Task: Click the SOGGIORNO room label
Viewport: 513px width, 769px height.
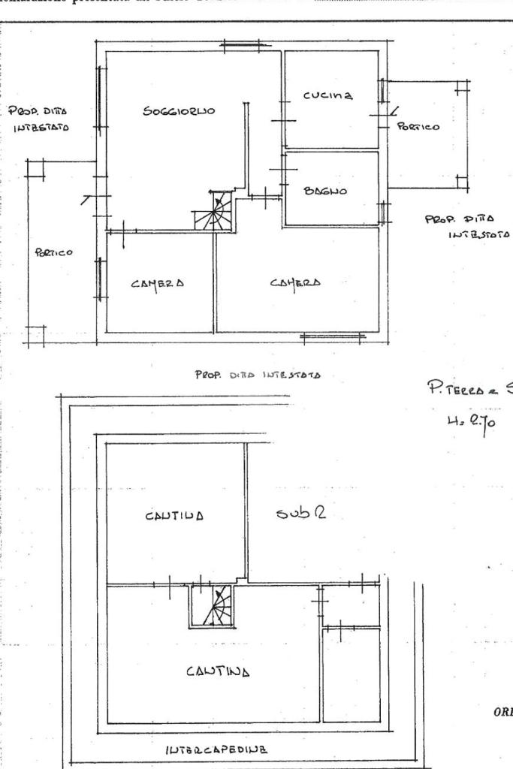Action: click(179, 112)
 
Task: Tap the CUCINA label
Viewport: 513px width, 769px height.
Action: click(327, 95)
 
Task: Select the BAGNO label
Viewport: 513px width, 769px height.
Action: click(324, 191)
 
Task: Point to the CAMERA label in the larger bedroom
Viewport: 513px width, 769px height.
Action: click(295, 282)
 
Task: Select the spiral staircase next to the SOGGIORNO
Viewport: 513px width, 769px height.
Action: click(215, 211)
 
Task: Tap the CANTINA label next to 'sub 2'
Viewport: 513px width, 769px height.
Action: click(175, 516)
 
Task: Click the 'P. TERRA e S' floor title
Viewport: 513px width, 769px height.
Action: click(468, 388)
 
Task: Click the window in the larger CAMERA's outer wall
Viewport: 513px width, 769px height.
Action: click(323, 337)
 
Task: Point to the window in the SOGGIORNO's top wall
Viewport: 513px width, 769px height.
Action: click(240, 47)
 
